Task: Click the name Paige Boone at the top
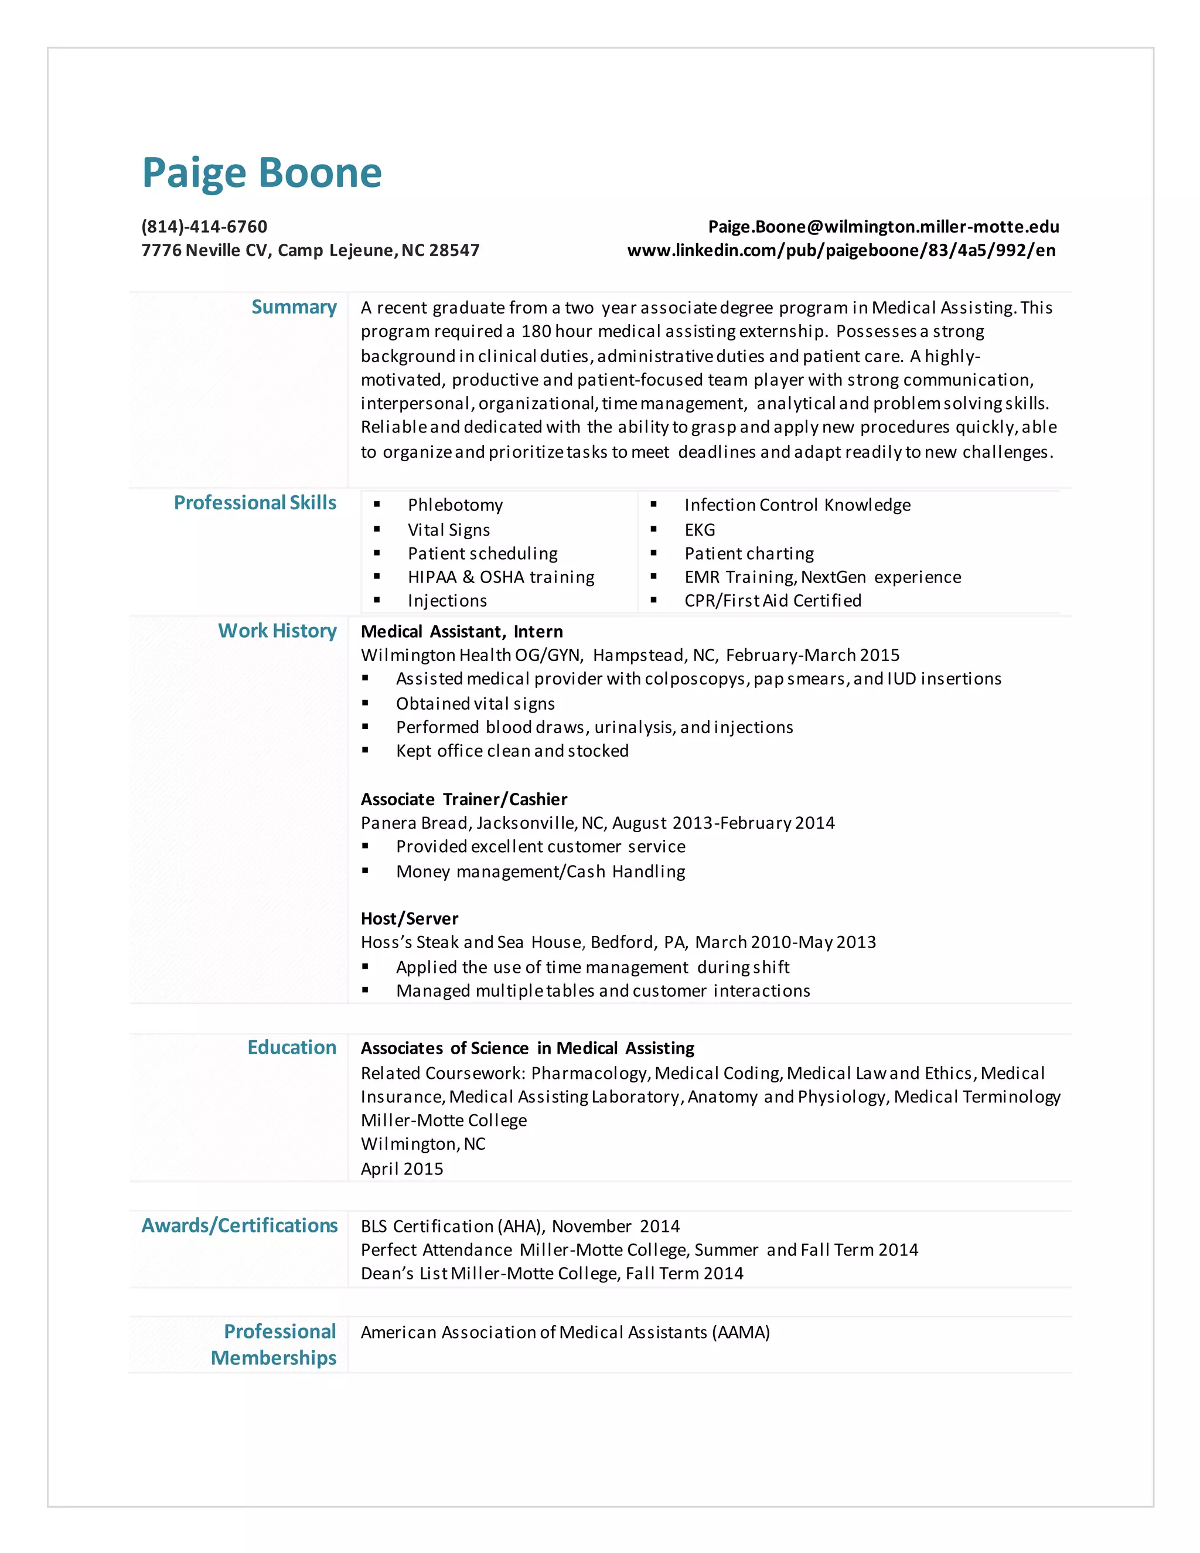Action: (x=261, y=173)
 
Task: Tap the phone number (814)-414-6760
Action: (x=204, y=226)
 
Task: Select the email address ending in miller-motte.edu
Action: (x=883, y=226)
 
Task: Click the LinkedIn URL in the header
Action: (x=841, y=250)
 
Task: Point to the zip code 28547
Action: (x=454, y=250)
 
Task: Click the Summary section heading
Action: (x=294, y=306)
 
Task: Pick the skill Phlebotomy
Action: (x=455, y=505)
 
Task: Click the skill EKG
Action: (x=700, y=530)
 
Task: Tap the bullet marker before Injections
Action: (x=377, y=600)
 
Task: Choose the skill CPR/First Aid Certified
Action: (x=772, y=600)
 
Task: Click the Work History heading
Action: (x=277, y=631)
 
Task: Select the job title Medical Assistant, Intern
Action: (x=461, y=631)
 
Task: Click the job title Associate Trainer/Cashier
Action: (x=463, y=799)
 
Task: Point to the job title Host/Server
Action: (x=409, y=919)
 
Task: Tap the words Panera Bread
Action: (x=415, y=823)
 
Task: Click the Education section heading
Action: (x=291, y=1047)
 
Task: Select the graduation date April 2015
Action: (x=401, y=1169)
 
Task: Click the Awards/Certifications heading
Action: (x=240, y=1225)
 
